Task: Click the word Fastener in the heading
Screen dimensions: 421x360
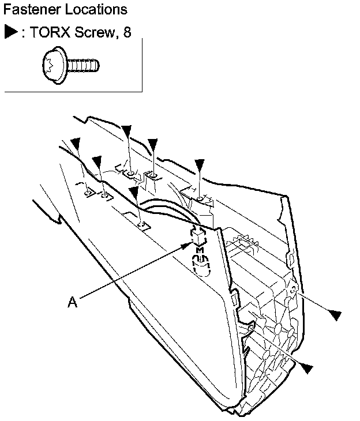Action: coord(28,10)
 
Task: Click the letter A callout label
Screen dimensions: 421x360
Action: coord(72,302)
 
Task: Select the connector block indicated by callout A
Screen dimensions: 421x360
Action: coord(199,236)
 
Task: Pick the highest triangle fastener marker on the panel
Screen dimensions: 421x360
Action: coord(127,133)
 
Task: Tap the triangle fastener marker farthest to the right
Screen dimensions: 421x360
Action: coord(335,314)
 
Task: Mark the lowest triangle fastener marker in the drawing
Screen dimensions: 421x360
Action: coord(307,368)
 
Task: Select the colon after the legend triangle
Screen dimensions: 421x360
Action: coord(22,33)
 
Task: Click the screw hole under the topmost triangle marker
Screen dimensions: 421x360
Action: coord(132,172)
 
